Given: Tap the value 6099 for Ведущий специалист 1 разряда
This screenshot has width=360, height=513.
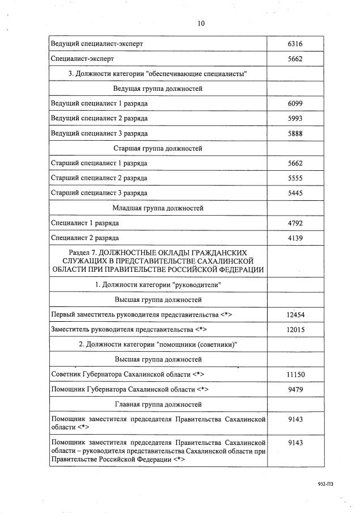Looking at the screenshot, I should [295, 103].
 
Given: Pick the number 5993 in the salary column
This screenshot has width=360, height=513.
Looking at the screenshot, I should [295, 118].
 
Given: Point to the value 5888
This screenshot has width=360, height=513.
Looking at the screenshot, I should [295, 133].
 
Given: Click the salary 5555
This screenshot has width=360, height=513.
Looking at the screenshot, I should [295, 178].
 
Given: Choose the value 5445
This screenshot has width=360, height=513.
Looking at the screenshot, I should [295, 193].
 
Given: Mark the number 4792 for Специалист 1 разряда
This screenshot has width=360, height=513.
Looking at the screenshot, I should [295, 223].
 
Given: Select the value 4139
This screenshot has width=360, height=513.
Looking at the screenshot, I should [295, 238].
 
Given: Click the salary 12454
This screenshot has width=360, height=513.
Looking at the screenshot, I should [295, 314].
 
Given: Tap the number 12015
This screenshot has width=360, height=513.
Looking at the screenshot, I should [295, 329].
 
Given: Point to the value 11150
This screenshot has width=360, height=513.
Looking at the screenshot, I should [295, 375].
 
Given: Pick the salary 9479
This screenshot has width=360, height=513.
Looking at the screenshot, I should [295, 390].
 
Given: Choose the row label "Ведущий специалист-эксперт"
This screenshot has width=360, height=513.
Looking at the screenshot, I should [97, 44].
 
